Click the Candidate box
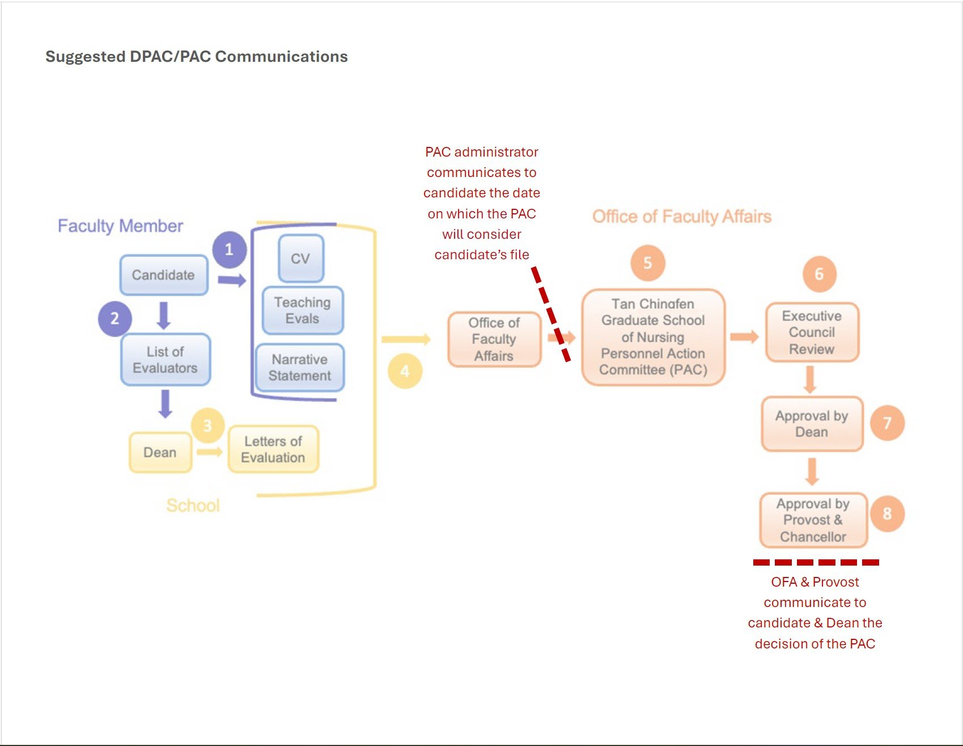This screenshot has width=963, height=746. click(x=164, y=275)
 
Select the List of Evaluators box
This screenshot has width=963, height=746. click(x=166, y=360)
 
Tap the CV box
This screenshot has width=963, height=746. click(x=301, y=259)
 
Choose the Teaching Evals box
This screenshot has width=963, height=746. click(x=303, y=310)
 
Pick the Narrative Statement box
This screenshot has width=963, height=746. click(x=300, y=368)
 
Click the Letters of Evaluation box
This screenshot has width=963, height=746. click(x=273, y=449)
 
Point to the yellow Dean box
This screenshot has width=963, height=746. click(x=160, y=452)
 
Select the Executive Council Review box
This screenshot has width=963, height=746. click(x=812, y=332)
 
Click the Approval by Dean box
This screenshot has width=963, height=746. click(x=812, y=424)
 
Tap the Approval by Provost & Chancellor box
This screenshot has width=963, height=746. click(x=813, y=520)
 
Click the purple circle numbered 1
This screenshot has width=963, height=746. click(x=229, y=250)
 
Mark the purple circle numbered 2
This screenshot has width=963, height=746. click(x=114, y=318)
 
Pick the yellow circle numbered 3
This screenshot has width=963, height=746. click(x=207, y=425)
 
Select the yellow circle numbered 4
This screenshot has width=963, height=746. click(x=405, y=372)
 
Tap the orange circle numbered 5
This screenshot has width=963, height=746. click(x=647, y=263)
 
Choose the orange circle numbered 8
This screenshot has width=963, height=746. click(x=887, y=513)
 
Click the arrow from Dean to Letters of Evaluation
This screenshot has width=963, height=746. click(x=210, y=452)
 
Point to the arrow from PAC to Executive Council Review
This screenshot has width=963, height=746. click(x=744, y=337)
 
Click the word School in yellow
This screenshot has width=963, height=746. click(x=193, y=505)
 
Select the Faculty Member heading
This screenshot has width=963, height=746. click(x=120, y=226)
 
